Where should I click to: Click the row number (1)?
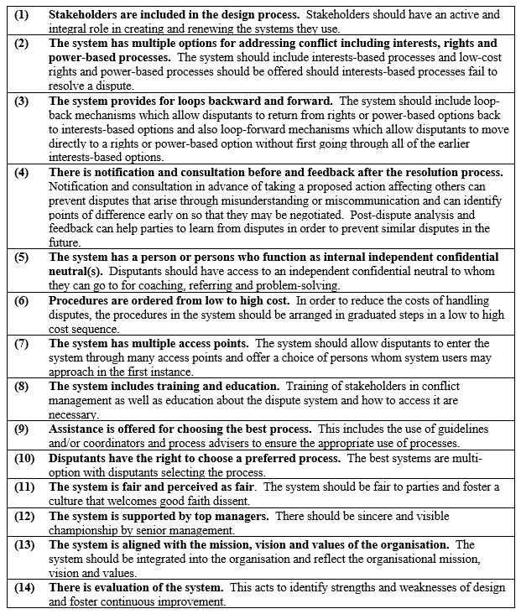click(21, 14)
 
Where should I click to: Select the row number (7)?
click(21, 343)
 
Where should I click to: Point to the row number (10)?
click(23, 458)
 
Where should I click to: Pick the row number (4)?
click(21, 172)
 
